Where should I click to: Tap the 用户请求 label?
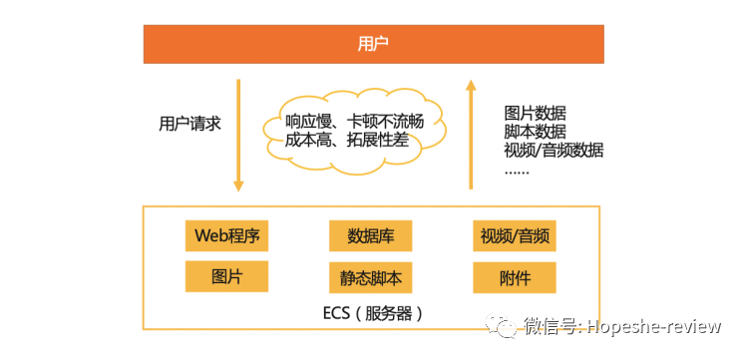pos(189,124)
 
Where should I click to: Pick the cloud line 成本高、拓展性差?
pos(353,141)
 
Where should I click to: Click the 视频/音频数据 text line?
pos(554,151)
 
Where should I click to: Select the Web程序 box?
pos(226,236)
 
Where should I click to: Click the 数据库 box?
pos(370,236)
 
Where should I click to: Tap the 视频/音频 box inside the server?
pos(514,236)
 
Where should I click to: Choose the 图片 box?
pos(226,276)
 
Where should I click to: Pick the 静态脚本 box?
pos(370,277)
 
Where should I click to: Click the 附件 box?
pos(514,277)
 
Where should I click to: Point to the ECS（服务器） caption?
pos(373,312)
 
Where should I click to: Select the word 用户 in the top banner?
pos(373,44)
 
